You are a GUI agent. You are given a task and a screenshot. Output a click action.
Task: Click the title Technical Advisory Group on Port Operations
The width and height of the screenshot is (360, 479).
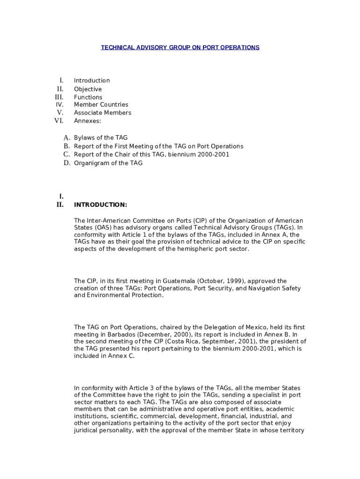pos(180,48)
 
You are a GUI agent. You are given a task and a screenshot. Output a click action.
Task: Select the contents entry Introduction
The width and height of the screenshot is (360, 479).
pos(92,80)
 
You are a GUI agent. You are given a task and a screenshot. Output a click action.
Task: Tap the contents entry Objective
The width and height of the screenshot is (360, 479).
pos(87,89)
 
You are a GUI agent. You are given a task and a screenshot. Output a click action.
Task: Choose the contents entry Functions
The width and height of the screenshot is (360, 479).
pos(88,97)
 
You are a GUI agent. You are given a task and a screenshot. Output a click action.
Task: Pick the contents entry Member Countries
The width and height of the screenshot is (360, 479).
pos(101,105)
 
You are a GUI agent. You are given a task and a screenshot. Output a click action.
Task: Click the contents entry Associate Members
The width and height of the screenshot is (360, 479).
pos(102,113)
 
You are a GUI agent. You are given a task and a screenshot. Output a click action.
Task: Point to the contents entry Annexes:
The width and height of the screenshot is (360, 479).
pos(87,121)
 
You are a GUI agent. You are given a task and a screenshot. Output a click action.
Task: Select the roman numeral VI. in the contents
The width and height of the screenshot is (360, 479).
pos(59,121)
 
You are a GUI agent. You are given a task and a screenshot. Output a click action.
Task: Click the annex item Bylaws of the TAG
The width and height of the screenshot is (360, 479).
pos(101,138)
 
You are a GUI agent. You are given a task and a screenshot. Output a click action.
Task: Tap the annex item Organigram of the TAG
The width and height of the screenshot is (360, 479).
pos(108,163)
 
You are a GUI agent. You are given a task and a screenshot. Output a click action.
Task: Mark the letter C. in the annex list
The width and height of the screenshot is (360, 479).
pos(67,154)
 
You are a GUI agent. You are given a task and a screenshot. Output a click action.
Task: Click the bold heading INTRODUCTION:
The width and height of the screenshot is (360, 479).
pos(101,205)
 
